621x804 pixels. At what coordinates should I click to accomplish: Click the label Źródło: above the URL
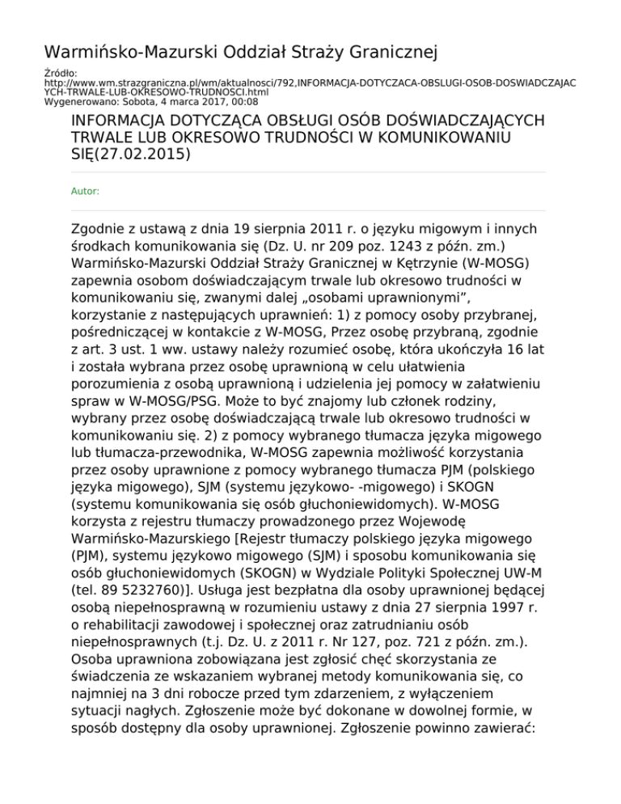tap(57, 73)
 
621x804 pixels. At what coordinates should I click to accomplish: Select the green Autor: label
tap(86, 192)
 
